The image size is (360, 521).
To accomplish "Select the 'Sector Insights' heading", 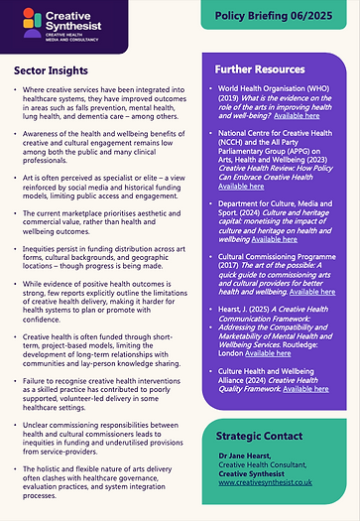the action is (57, 70).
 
